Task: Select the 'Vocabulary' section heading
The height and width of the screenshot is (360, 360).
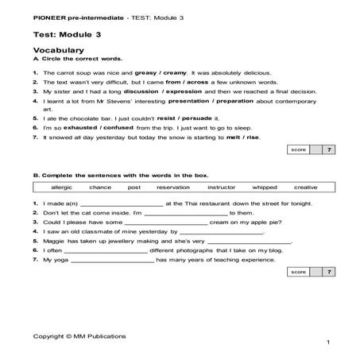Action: [57, 50]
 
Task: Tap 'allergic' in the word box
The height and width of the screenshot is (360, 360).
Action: [60, 187]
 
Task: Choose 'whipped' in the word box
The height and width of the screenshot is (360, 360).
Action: [265, 187]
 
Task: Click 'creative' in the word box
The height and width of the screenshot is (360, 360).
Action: [305, 187]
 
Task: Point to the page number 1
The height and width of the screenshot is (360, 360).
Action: [327, 343]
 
